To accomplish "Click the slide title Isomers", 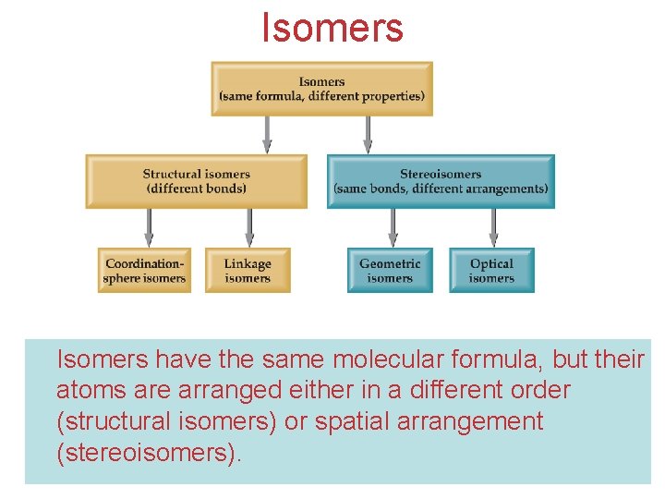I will tap(332, 27).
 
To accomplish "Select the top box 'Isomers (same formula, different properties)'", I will tap(321, 89).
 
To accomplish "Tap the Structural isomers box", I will tap(196, 181).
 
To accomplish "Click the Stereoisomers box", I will tap(441, 181).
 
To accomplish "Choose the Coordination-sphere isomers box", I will tap(145, 271).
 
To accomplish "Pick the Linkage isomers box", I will tap(248, 271).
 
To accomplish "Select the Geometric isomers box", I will tap(390, 271).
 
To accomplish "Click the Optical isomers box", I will tap(491, 271).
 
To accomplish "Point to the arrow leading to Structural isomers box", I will tap(268, 135).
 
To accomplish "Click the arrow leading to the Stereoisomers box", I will tap(368, 135).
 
